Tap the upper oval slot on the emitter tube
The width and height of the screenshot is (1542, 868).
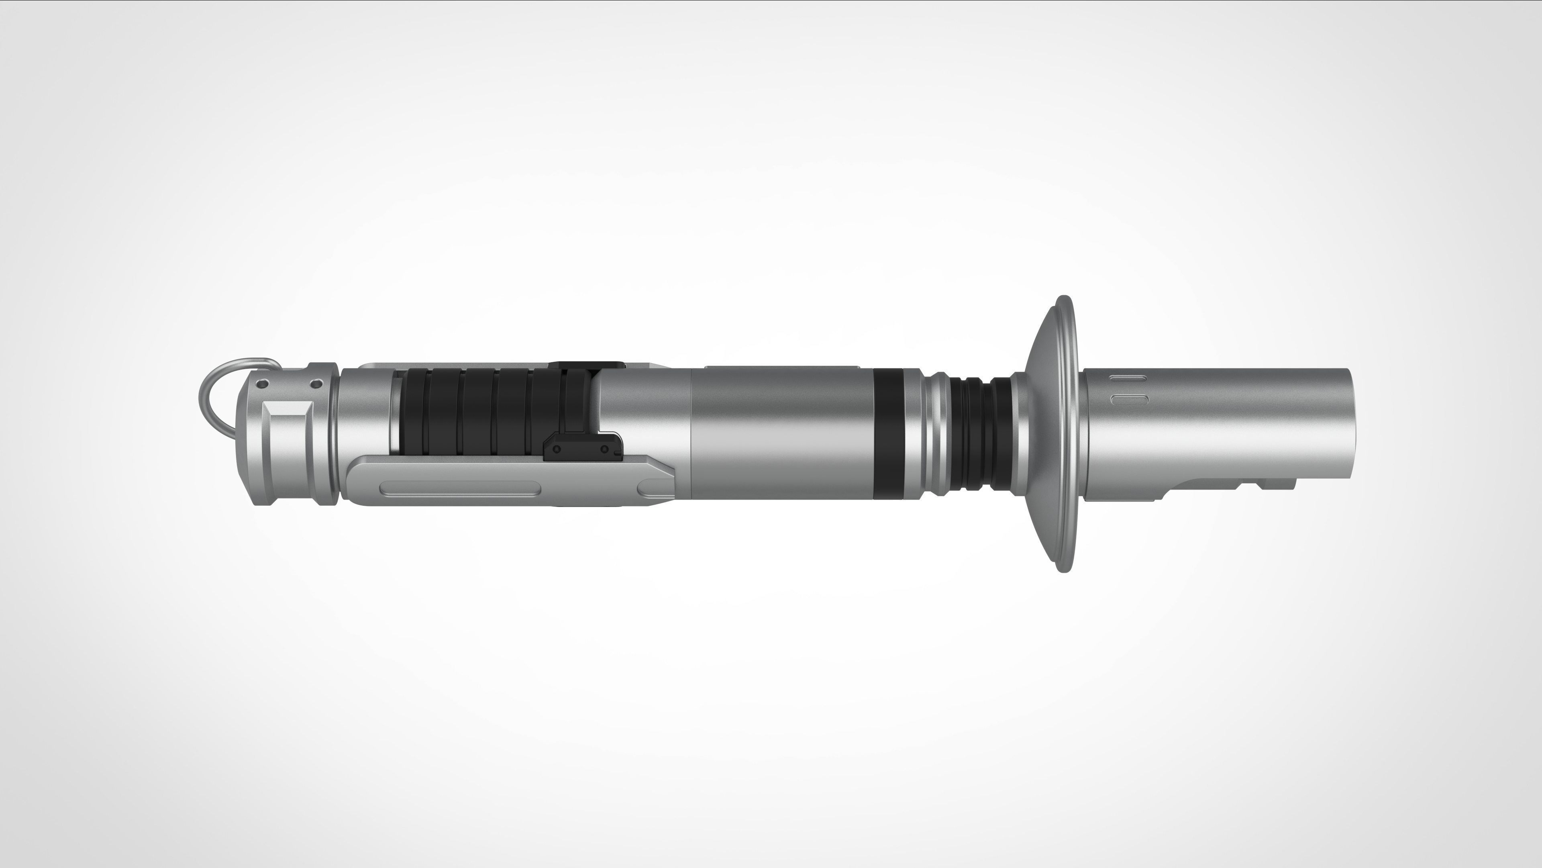click(x=1128, y=378)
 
